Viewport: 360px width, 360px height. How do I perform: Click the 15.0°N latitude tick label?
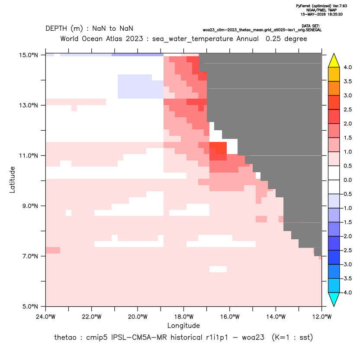(29, 55)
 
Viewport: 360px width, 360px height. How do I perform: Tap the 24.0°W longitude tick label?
(46, 317)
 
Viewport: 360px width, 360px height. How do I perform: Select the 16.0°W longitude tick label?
(230, 317)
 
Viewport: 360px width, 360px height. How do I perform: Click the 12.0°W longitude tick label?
(322, 317)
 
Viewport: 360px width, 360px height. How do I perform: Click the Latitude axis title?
(12, 180)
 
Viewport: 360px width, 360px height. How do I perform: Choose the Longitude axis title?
(183, 325)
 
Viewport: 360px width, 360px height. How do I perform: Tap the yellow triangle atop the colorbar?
(334, 61)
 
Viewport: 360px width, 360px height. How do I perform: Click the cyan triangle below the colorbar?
(334, 299)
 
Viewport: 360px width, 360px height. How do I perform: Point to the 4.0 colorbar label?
(347, 67)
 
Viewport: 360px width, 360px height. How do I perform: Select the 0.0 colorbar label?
(347, 180)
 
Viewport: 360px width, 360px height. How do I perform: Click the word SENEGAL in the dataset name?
(314, 30)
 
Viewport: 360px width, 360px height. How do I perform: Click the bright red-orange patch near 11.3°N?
(218, 148)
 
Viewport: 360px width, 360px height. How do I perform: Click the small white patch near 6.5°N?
(218, 269)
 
